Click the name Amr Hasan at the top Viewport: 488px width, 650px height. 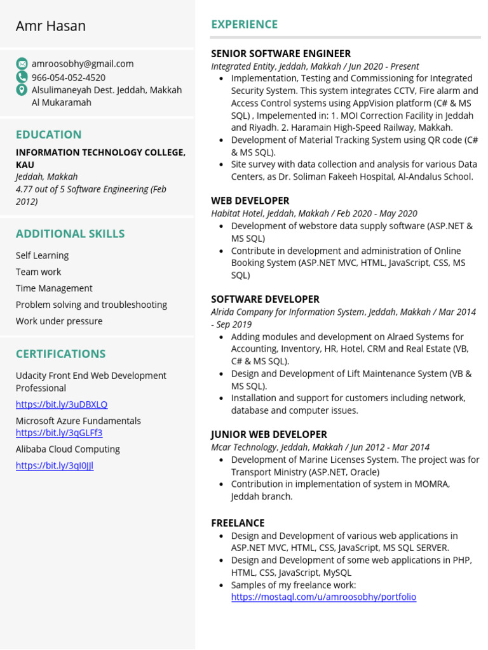tap(51, 26)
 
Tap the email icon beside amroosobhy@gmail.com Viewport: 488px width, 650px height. tap(22, 63)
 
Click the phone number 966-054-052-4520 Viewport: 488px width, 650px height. tap(69, 77)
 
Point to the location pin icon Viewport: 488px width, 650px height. tap(22, 90)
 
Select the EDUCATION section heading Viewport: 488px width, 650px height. tap(49, 135)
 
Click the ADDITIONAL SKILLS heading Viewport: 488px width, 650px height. tap(70, 234)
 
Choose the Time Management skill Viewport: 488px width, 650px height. tap(54, 288)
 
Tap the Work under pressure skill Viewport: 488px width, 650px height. tap(59, 321)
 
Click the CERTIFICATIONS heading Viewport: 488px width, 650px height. tap(60, 354)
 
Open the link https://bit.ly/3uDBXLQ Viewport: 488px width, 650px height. tap(62, 404)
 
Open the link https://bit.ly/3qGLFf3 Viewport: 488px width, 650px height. tap(59, 433)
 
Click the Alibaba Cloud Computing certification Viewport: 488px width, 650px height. tap(68, 449)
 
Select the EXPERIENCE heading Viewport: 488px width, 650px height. tap(245, 25)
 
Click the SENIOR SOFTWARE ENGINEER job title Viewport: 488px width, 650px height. tap(281, 54)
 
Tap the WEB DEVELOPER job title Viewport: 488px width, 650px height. tap(250, 201)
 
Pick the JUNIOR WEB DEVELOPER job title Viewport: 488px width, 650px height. tap(269, 435)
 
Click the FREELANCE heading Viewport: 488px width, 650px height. tap(238, 523)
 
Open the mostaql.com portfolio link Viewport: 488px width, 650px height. tap(323, 597)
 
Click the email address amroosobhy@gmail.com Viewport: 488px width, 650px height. tap(83, 63)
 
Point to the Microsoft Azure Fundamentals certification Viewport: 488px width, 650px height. tap(78, 421)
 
